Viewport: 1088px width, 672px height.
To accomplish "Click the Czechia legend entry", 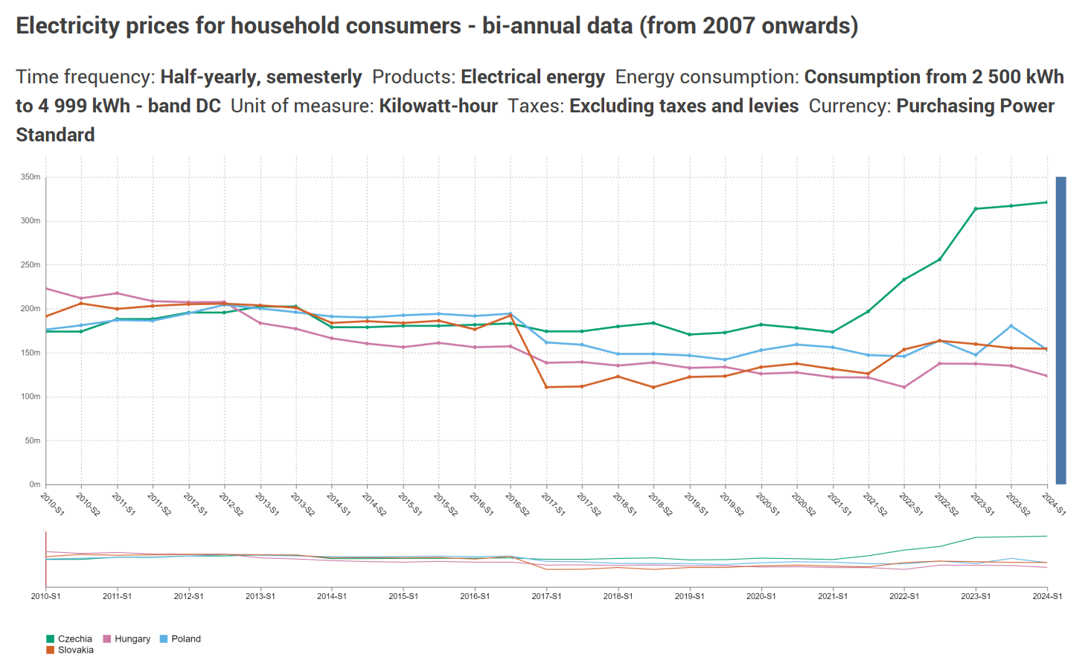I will coord(74,639).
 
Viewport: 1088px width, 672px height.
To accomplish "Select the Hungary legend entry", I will coord(132,639).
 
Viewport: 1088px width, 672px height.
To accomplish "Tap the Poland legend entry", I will coord(185,639).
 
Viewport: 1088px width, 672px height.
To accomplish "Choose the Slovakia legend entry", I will coord(75,650).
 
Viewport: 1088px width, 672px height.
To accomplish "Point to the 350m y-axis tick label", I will coord(31,177).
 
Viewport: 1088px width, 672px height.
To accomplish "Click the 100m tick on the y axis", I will coord(31,397).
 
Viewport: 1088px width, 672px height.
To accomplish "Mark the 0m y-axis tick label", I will coord(34,484).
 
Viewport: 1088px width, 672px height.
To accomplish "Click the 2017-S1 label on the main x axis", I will coord(554,503).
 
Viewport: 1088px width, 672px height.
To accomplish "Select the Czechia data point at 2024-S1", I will coord(1047,202).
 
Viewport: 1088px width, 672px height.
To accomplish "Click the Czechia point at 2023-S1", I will coord(976,208).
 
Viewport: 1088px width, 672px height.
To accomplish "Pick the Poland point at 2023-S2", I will coord(1011,326).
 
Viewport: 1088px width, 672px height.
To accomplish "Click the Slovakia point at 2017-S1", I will coord(546,387).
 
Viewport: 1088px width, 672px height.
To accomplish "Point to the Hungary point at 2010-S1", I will coord(46,288).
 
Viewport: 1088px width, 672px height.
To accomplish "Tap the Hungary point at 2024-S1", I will coord(1047,376).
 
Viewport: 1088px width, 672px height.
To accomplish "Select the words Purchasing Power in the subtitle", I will coord(975,106).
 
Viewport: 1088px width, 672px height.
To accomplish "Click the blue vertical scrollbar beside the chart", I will coord(1060,330).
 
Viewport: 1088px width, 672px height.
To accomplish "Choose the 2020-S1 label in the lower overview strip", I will coord(761,596).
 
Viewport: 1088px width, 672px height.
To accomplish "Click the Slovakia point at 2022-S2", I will coord(940,341).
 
